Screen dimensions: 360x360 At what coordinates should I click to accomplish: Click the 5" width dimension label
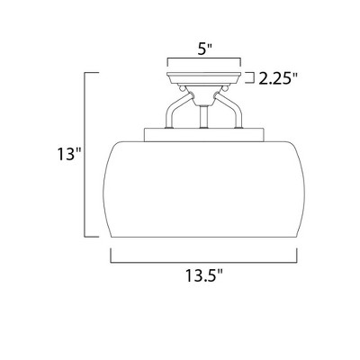point(205,49)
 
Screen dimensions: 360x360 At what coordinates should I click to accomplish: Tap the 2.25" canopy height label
point(278,79)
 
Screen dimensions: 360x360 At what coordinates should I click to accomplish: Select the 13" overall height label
point(69,155)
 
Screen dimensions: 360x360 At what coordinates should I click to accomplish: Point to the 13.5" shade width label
point(204,275)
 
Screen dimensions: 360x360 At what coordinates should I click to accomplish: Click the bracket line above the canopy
point(204,59)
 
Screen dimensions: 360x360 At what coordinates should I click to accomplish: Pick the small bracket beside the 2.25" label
point(250,77)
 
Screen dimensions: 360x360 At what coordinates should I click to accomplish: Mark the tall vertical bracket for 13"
point(85,155)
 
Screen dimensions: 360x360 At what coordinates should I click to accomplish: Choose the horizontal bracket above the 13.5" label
point(203,262)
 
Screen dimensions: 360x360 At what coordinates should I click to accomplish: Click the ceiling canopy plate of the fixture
point(204,78)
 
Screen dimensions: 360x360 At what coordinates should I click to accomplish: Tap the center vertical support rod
point(204,117)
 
